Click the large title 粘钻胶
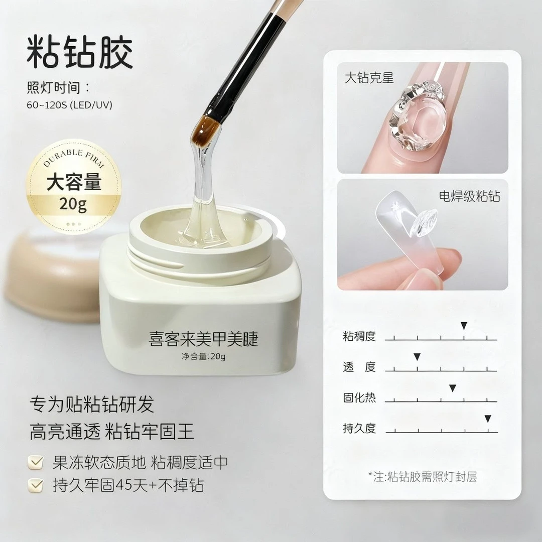pyautogui.click(x=80, y=51)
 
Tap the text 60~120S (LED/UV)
pyautogui.click(x=69, y=105)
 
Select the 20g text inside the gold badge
pyautogui.click(x=74, y=204)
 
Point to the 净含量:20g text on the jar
pyautogui.click(x=203, y=357)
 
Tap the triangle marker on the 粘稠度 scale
pyautogui.click(x=464, y=326)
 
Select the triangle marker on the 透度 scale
pyautogui.click(x=417, y=357)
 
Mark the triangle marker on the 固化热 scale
pyautogui.click(x=452, y=387)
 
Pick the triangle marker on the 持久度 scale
pyautogui.click(x=487, y=419)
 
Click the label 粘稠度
pyautogui.click(x=359, y=336)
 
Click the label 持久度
pyautogui.click(x=359, y=429)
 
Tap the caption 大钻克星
pyautogui.click(x=369, y=78)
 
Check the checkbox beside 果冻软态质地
pyautogui.click(x=36, y=463)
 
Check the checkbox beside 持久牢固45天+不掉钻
pyautogui.click(x=36, y=485)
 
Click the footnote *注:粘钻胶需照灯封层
pyautogui.click(x=422, y=476)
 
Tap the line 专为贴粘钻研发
pyautogui.click(x=92, y=404)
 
